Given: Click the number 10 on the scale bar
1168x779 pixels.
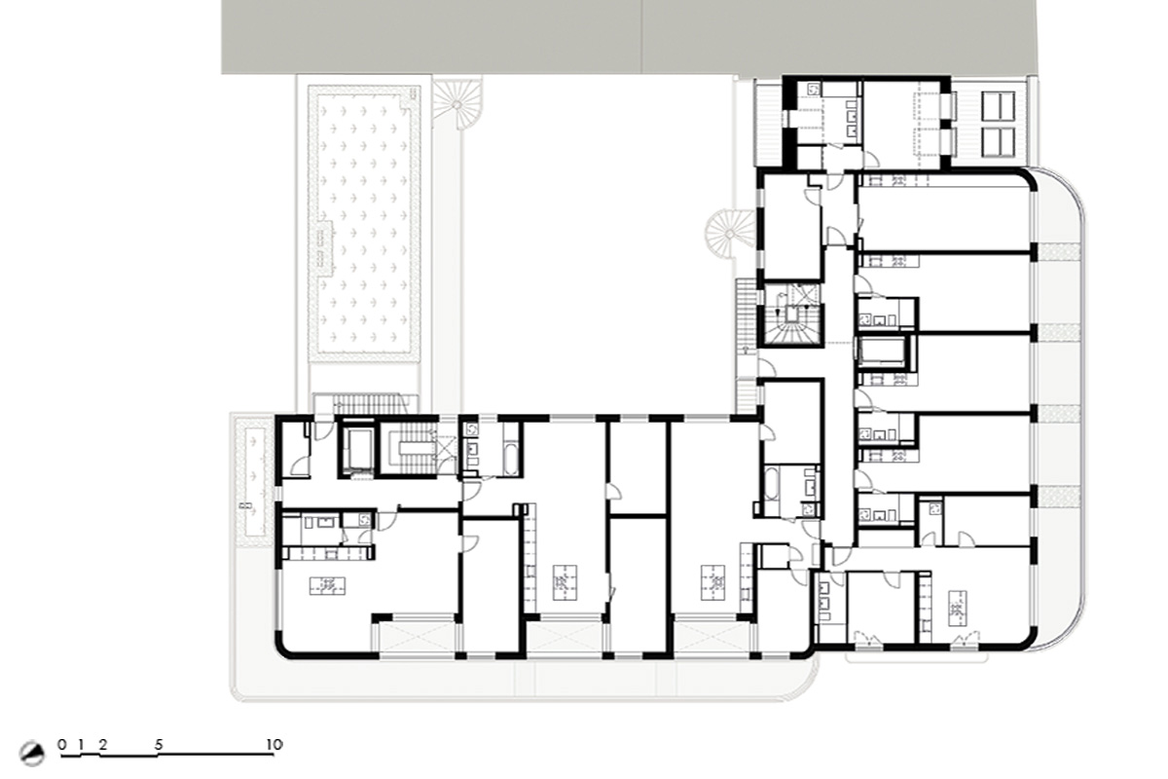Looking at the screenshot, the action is click(x=274, y=744).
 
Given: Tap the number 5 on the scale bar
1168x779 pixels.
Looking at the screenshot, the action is click(x=159, y=745).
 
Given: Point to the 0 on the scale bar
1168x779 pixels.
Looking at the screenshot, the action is click(x=62, y=745).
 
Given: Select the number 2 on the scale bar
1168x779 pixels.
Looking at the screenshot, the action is click(x=103, y=745).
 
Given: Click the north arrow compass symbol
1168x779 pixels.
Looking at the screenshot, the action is click(x=32, y=754).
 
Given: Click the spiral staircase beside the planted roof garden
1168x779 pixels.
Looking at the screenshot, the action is click(x=457, y=104).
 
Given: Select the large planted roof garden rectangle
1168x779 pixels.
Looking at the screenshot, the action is click(x=364, y=224).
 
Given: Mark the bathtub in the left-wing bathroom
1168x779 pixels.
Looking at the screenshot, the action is click(x=511, y=459).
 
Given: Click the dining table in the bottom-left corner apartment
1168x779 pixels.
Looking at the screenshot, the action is click(x=327, y=585).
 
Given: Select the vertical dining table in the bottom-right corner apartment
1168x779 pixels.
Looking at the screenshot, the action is click(x=958, y=608).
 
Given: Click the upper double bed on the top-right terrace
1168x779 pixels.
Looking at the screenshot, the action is click(x=998, y=106).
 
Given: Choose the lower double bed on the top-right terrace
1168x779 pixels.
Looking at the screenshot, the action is click(x=998, y=142).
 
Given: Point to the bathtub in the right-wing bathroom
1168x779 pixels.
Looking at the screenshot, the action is click(x=772, y=484).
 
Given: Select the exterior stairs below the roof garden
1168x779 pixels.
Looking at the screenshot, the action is click(x=368, y=402).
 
